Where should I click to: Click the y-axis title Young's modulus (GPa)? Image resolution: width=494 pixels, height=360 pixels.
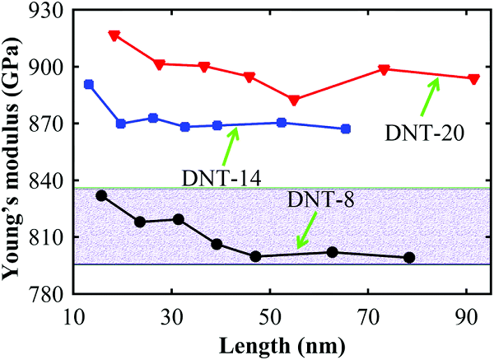click(x=14, y=152)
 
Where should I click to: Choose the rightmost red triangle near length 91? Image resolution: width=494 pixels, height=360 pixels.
click(x=473, y=79)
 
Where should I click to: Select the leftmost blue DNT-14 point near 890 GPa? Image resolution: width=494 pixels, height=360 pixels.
click(x=89, y=84)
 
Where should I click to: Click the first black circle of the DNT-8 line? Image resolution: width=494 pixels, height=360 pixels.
click(x=101, y=195)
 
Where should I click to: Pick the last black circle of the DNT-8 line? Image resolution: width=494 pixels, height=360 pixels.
click(x=410, y=258)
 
